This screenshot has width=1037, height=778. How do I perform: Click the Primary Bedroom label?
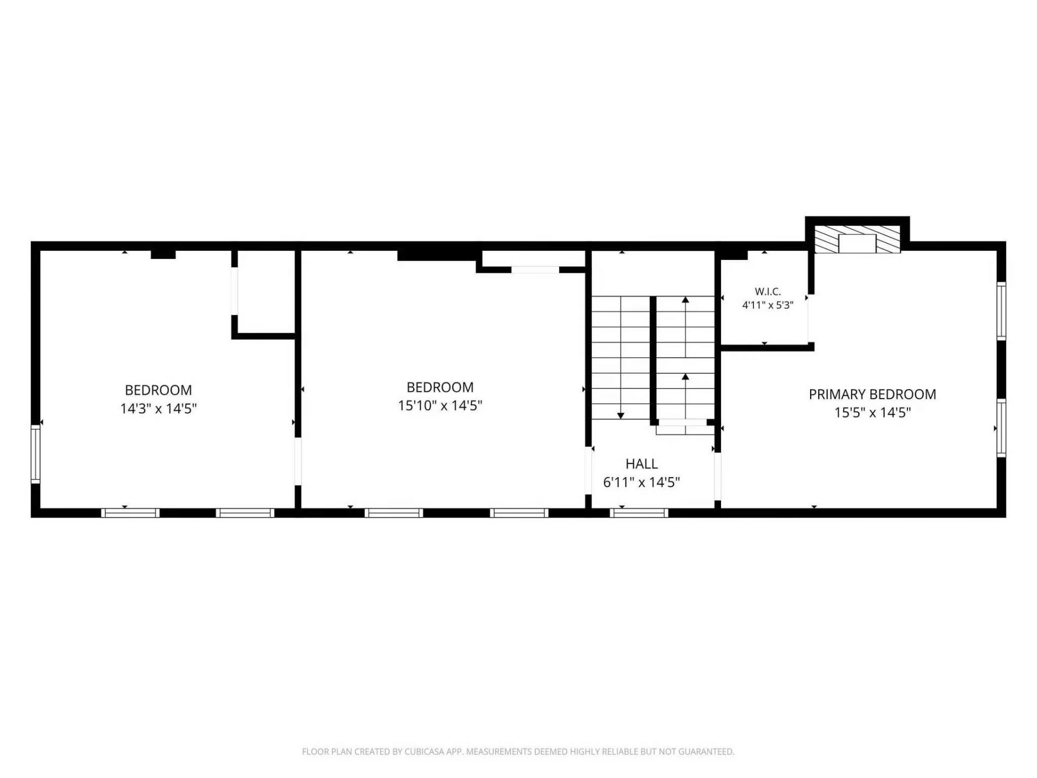(872, 394)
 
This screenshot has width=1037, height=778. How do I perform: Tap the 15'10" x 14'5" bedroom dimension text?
(440, 405)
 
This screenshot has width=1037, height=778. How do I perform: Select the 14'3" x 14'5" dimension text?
(158, 408)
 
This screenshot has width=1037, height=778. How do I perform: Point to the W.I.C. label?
(767, 292)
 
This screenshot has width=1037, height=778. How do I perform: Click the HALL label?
(642, 464)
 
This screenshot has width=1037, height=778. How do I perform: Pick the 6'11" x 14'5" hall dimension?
(642, 482)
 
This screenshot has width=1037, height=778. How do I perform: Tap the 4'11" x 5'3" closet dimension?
(767, 305)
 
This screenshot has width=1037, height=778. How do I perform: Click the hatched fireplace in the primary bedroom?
(858, 239)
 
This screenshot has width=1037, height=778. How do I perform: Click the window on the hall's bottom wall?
(639, 513)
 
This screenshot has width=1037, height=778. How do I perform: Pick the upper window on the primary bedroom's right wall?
(1001, 311)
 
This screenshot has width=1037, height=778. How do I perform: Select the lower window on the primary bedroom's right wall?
(1001, 428)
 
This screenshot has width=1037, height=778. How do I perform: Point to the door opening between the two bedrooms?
(298, 461)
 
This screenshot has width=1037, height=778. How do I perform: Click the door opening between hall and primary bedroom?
(718, 477)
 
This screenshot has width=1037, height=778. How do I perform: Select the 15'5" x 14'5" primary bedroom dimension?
(872, 412)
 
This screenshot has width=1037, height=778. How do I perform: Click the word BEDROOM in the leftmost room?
(158, 390)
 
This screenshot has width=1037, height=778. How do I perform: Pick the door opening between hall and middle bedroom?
(589, 471)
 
